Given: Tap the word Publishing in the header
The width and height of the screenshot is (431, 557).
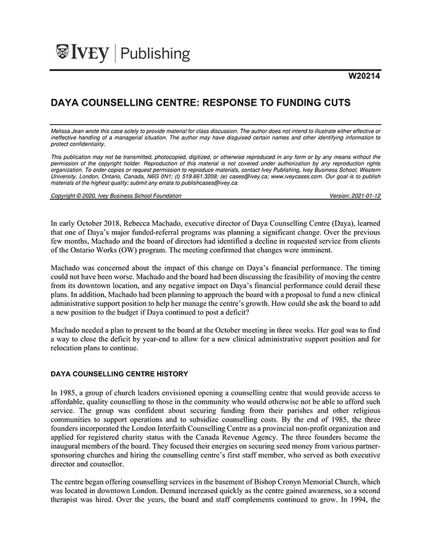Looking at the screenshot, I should tap(156, 53).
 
